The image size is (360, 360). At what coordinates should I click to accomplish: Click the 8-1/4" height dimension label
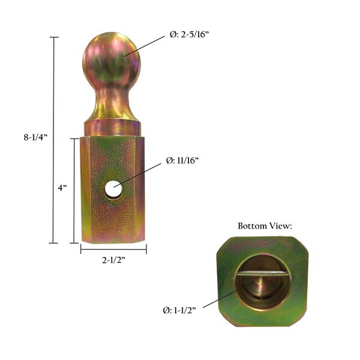35,137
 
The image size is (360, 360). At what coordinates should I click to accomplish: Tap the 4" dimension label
62,188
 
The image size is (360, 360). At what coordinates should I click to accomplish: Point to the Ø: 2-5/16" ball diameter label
189,34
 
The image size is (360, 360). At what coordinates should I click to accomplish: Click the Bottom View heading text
265,226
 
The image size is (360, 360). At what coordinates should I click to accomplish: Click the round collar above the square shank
112,128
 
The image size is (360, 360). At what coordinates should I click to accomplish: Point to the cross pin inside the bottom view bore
265,274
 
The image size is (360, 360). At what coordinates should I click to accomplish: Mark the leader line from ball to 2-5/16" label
144,46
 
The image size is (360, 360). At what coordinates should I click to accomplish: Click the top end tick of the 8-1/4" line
54,37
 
